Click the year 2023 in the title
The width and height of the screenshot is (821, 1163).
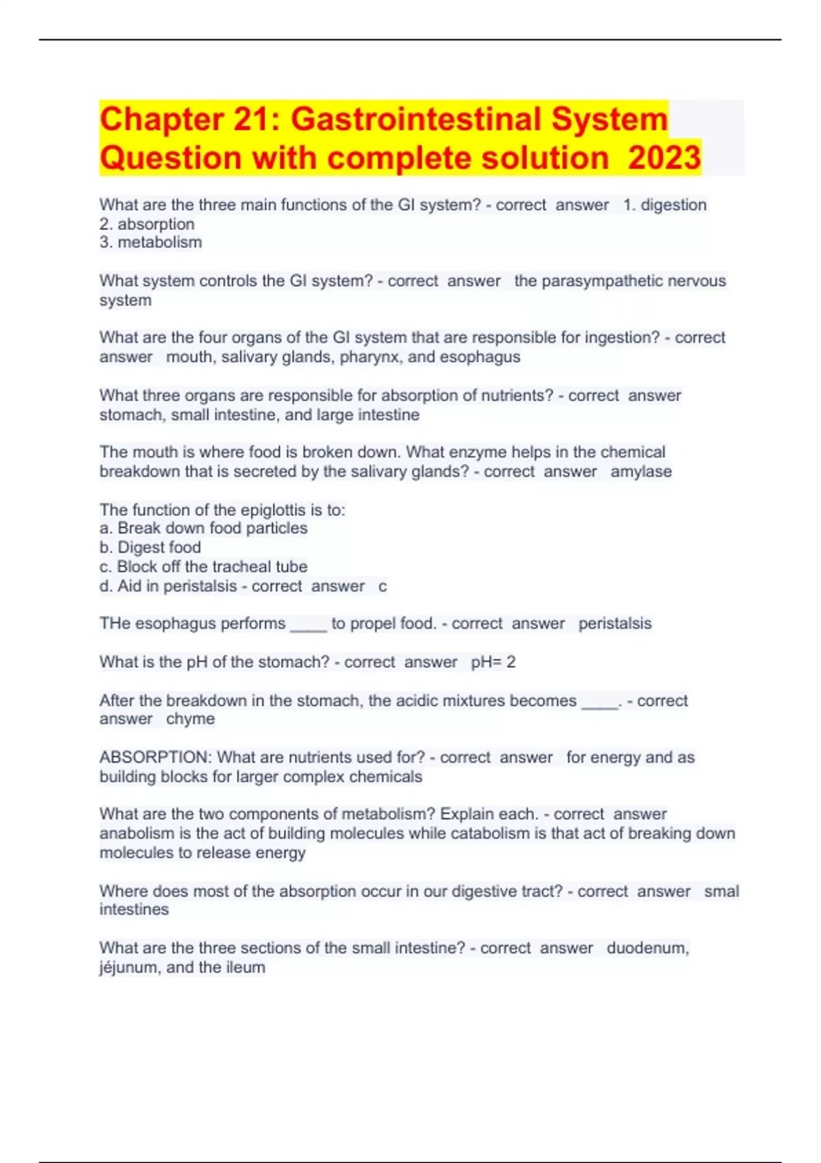[664, 158]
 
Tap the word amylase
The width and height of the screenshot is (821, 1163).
[641, 471]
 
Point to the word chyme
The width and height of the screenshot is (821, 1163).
[190, 719]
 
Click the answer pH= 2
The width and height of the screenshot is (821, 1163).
[493, 662]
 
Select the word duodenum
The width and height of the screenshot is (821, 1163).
[647, 948]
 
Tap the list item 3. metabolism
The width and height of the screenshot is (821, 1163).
[151, 242]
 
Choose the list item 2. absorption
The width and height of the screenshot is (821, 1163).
[147, 224]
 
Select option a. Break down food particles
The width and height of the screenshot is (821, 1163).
[203, 528]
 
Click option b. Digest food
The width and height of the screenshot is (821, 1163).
[150, 547]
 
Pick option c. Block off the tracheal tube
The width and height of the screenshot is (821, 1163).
[203, 566]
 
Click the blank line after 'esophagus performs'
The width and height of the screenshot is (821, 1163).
[309, 625]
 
